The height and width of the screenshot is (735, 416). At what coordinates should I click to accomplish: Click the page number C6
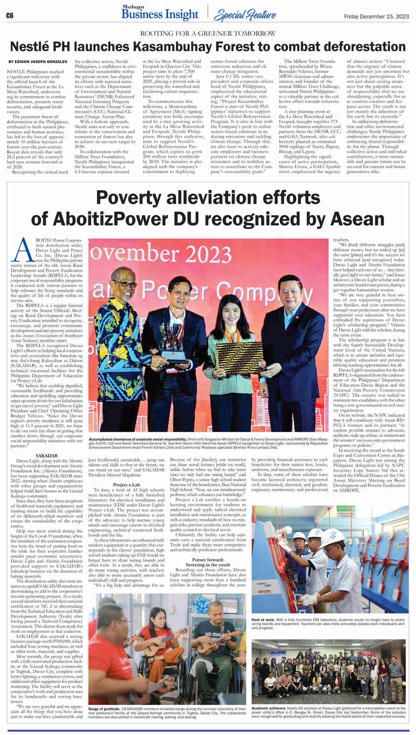[x=10, y=15]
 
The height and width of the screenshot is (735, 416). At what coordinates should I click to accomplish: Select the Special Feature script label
[x=244, y=16]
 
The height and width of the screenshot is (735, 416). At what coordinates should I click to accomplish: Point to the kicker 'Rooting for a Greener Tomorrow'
[x=208, y=33]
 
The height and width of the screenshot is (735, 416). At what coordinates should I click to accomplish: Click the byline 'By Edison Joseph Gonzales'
[x=38, y=62]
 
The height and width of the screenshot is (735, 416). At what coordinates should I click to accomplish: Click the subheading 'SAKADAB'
[x=47, y=456]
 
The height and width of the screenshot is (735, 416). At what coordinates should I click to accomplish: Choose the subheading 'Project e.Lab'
[x=127, y=485]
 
